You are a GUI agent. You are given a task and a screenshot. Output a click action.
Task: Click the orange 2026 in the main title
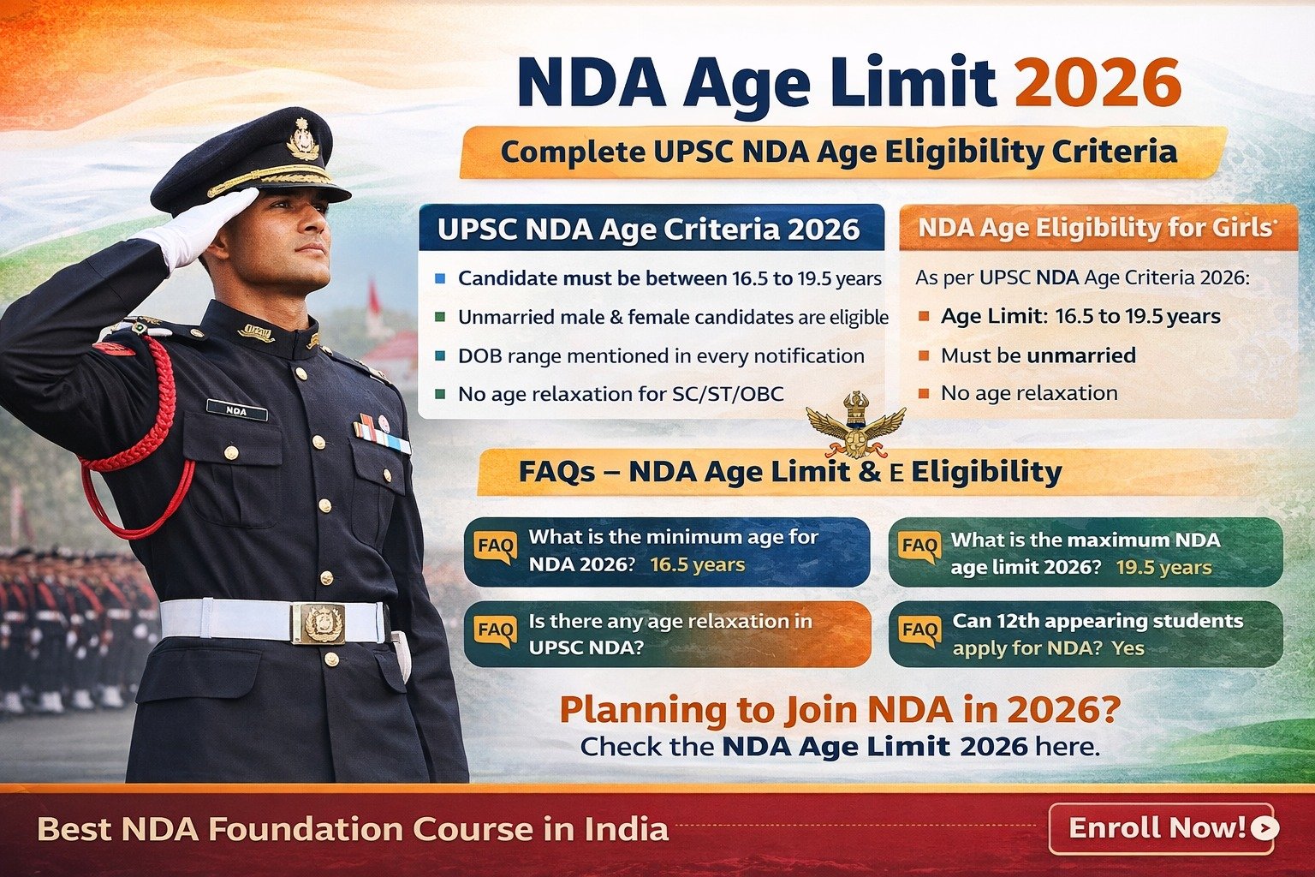coord(1098,83)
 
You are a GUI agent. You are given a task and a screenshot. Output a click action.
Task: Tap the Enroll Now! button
coord(1161,828)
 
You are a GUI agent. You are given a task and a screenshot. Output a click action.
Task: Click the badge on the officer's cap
coord(304,139)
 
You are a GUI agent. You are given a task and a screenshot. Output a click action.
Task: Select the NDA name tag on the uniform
coord(237,410)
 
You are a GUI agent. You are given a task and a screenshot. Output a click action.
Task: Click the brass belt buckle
coord(318,623)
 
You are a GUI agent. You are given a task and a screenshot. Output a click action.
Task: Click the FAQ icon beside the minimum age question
coord(496,547)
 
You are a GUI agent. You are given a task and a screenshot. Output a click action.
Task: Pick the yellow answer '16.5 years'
coord(698,565)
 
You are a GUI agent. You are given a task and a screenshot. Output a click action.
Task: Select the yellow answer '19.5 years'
coord(1163,568)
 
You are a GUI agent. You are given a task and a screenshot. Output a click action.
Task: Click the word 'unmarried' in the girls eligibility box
coord(1081,355)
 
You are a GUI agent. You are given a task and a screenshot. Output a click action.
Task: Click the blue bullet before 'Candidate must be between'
coord(440,278)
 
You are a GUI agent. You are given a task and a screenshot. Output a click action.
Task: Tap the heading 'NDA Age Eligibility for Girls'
coord(1096,228)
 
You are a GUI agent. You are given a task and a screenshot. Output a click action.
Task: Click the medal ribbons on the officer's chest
coord(381,434)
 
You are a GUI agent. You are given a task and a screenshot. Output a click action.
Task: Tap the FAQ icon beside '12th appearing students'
coord(920,631)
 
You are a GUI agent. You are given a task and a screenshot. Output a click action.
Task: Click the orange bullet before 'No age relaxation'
coord(924,394)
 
